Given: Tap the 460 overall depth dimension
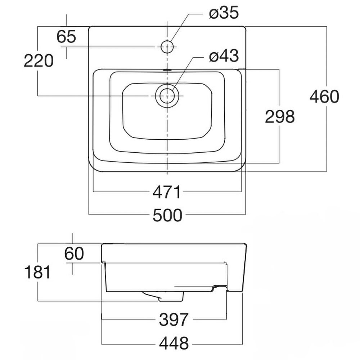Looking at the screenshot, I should (324, 97).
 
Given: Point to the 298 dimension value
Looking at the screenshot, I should (280, 116).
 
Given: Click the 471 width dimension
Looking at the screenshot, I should (166, 193).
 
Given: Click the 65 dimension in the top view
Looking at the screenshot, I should (66, 37).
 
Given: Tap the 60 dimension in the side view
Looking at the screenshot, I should (74, 254).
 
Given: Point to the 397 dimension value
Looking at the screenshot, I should (174, 319).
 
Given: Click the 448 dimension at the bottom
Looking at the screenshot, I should (174, 343).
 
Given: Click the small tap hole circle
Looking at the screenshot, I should (167, 46).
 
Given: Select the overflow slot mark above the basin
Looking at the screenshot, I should (167, 69).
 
